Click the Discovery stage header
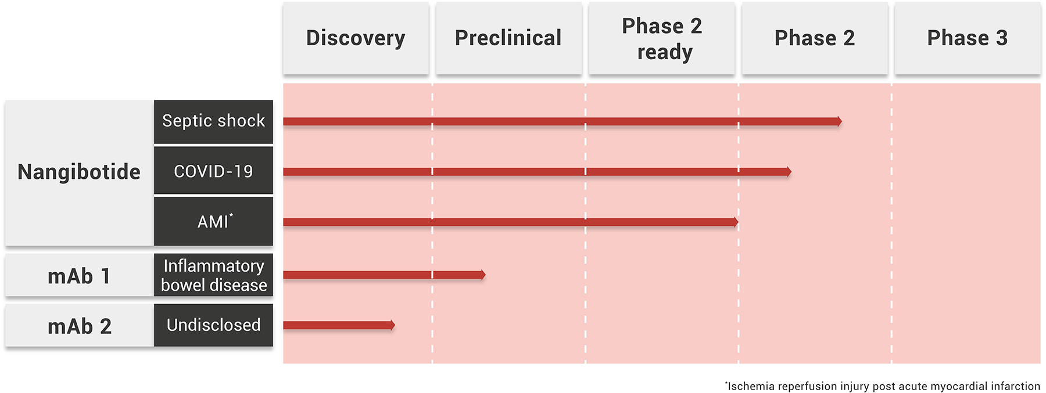pyautogui.click(x=356, y=38)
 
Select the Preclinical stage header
pyautogui.click(x=508, y=38)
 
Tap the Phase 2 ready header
pyautogui.click(x=662, y=38)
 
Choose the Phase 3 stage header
pyautogui.click(x=968, y=38)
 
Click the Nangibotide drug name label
pyautogui.click(x=79, y=172)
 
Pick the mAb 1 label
pyautogui.click(x=79, y=276)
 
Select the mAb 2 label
pyautogui.click(x=80, y=326)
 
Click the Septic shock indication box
pyautogui.click(x=213, y=121)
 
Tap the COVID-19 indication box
pyautogui.click(x=213, y=171)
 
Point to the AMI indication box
pyautogui.click(x=213, y=221)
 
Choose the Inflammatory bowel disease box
pyautogui.click(x=213, y=275)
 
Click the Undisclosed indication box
pyautogui.click(x=213, y=325)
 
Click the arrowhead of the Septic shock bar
pyautogui.click(x=841, y=121)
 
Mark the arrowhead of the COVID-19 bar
pyautogui.click(x=791, y=172)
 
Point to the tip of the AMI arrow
pyautogui.click(x=738, y=222)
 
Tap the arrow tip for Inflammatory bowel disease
pyautogui.click(x=485, y=275)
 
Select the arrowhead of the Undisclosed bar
pyautogui.click(x=395, y=325)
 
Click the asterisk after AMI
pyautogui.click(x=231, y=215)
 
